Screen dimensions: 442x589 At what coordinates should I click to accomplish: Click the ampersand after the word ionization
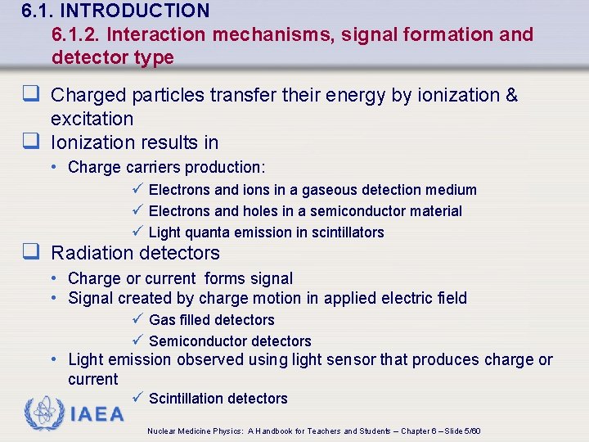(x=512, y=95)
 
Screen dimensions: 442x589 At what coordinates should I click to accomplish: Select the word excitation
(x=92, y=119)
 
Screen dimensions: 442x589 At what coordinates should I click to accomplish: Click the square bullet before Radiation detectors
(x=33, y=252)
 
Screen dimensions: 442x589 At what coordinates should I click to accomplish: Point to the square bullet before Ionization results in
(x=33, y=142)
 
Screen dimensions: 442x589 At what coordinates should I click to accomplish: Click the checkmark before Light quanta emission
(x=137, y=232)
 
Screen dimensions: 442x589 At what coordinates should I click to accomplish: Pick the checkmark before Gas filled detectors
(x=137, y=319)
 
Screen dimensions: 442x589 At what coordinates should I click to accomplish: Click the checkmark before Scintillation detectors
(x=137, y=398)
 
